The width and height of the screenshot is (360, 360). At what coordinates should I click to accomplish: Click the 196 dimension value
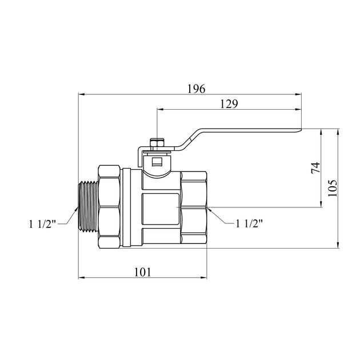click(x=197, y=89)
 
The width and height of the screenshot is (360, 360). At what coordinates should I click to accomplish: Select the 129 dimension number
click(x=229, y=104)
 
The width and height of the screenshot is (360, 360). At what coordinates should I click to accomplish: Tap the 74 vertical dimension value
click(x=315, y=168)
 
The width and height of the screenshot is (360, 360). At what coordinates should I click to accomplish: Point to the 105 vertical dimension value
click(x=333, y=188)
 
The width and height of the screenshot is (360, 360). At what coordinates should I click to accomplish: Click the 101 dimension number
click(x=143, y=273)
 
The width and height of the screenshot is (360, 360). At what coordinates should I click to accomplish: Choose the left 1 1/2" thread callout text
click(x=42, y=224)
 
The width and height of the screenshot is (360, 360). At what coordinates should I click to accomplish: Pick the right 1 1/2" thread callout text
click(x=249, y=223)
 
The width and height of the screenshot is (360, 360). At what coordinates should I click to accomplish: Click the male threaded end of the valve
click(x=89, y=206)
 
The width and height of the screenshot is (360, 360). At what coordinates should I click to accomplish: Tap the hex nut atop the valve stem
click(x=157, y=143)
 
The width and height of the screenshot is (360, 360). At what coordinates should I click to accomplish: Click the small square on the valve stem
click(x=157, y=162)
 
